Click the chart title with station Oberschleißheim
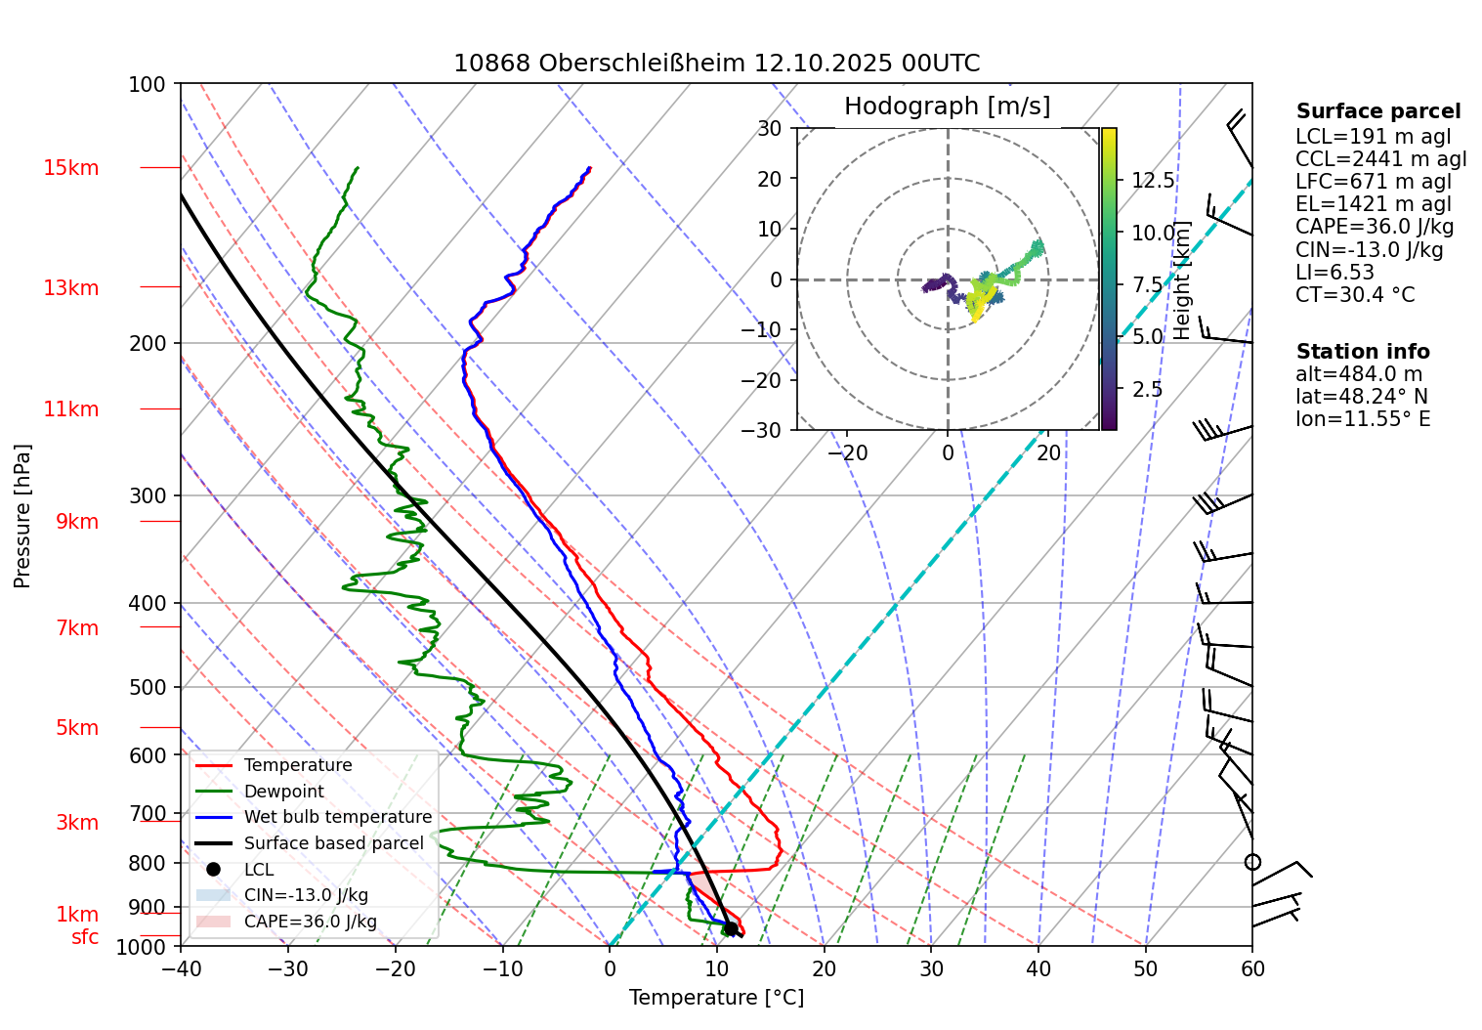[x=716, y=64]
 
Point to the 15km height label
[x=70, y=168]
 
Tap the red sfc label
[x=85, y=937]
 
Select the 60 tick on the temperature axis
[x=1251, y=968]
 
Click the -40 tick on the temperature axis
[x=181, y=968]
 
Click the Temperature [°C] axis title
[x=716, y=997]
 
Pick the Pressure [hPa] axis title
[x=22, y=516]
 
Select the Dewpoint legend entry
[x=283, y=792]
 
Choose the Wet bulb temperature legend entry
[x=337, y=817]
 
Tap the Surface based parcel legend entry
[x=333, y=843]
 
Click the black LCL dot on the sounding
[x=730, y=928]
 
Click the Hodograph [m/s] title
[x=947, y=106]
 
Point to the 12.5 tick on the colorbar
[x=1153, y=180]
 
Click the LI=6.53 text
[x=1334, y=272]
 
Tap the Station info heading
[x=1363, y=352]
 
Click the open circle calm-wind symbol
[x=1252, y=862]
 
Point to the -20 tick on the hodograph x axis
[x=847, y=453]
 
